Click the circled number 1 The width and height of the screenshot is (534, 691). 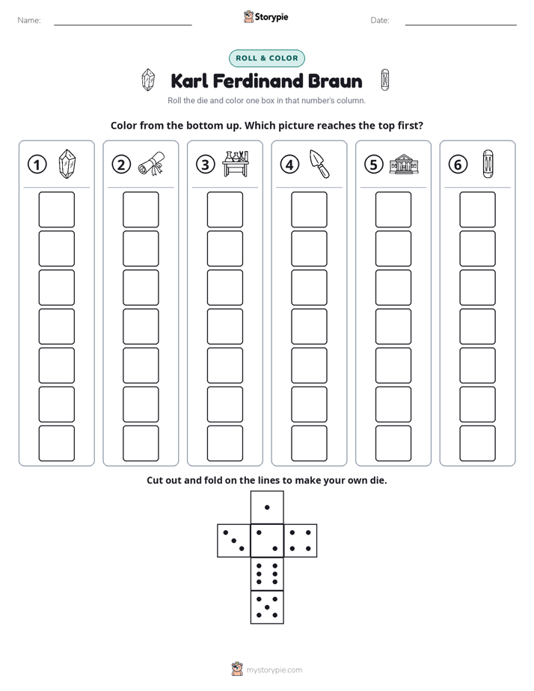point(37,165)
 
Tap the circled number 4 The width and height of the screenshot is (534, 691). point(289,165)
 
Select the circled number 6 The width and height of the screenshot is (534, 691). point(458,165)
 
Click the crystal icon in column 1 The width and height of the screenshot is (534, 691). point(67,164)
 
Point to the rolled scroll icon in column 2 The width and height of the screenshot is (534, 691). point(151,164)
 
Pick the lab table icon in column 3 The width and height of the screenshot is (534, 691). point(236,164)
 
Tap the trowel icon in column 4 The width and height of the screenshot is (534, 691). point(319,164)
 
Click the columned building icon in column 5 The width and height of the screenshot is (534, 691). point(404,164)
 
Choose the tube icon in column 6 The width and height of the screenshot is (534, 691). point(488,164)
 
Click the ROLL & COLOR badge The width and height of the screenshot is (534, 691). point(266,58)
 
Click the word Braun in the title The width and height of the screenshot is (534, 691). point(335,81)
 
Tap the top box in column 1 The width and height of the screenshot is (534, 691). point(56,209)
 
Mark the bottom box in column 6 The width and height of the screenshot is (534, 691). point(478,443)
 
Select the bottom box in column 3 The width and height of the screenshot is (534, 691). point(224,443)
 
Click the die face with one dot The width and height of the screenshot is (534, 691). point(267,507)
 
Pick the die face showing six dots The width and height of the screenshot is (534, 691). point(267,574)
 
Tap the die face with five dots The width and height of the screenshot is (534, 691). point(267,607)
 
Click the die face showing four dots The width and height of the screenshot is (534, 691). point(301,541)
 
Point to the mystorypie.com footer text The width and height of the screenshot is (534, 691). point(274,670)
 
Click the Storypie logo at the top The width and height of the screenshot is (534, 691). point(266,16)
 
